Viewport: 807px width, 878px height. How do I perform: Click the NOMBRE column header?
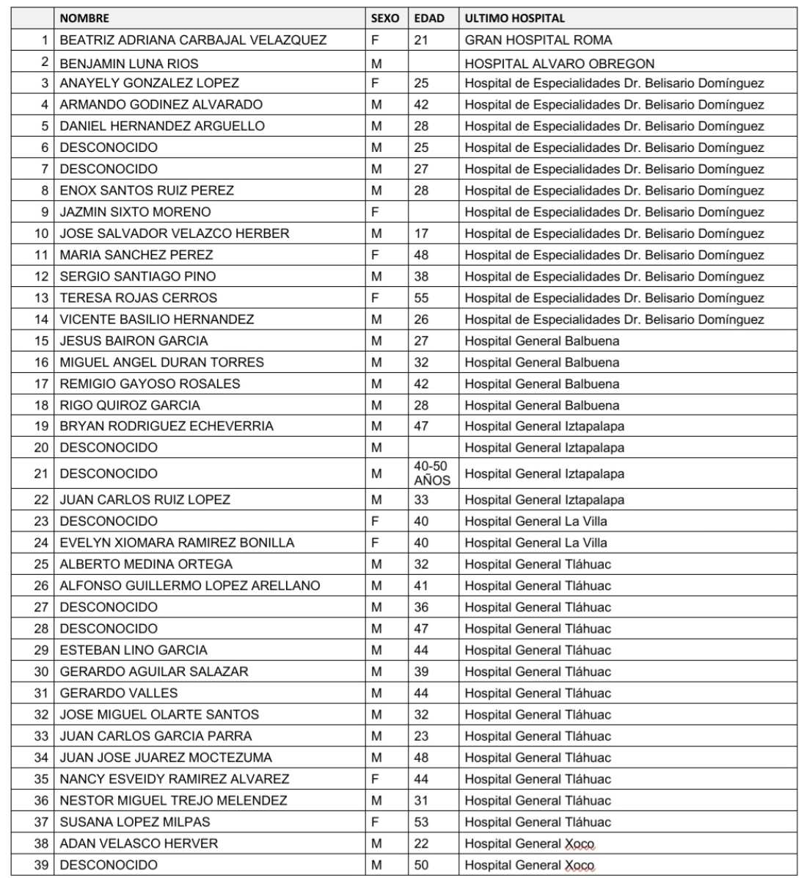click(x=84, y=18)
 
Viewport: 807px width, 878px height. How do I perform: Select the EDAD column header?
click(x=429, y=18)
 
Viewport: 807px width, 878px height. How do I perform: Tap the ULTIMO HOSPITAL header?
click(x=515, y=18)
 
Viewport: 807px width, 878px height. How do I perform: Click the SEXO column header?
click(x=385, y=18)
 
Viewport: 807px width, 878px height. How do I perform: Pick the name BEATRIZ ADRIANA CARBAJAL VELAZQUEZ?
click(x=193, y=40)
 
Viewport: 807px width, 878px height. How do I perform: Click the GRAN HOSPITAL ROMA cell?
click(x=538, y=40)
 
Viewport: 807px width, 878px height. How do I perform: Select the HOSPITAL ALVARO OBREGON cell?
click(x=560, y=64)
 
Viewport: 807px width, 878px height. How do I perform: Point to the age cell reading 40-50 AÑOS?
click(x=431, y=474)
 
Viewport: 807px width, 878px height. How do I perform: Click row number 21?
click(x=41, y=474)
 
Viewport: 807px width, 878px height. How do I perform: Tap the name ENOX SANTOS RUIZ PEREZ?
click(x=147, y=191)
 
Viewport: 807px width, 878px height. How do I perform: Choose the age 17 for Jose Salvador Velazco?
click(x=421, y=233)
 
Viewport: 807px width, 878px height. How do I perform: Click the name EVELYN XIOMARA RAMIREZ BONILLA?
click(x=177, y=543)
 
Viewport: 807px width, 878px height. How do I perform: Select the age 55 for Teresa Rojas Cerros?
click(x=421, y=298)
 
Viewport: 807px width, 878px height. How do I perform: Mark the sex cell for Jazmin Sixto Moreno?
click(x=375, y=212)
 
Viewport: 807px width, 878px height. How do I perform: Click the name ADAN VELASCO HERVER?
click(x=139, y=843)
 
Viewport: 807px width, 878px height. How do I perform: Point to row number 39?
click(x=41, y=866)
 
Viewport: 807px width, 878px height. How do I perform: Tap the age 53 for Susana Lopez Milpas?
click(x=421, y=822)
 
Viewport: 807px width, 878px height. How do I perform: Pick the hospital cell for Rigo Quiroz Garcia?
click(x=542, y=405)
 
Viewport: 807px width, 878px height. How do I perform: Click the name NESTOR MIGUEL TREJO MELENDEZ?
click(x=173, y=801)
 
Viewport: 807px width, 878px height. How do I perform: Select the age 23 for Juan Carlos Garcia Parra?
click(x=421, y=736)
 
